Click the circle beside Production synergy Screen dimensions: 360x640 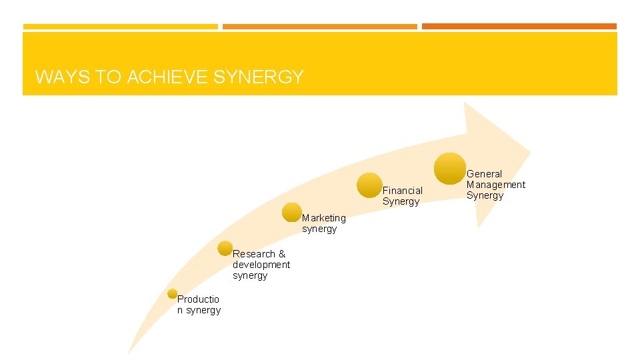(173, 293)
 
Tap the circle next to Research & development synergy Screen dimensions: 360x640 (225, 249)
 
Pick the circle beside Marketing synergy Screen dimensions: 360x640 (291, 212)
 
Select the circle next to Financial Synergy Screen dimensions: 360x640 (369, 185)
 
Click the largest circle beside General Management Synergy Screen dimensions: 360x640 (450, 168)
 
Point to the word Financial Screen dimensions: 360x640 (402, 191)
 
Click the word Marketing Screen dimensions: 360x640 (324, 218)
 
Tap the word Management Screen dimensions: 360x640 (495, 185)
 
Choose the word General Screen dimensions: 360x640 (484, 174)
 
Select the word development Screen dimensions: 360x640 (261, 265)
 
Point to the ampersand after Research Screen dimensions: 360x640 (282, 254)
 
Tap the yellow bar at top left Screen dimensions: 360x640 (120, 27)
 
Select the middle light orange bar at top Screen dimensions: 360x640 (319, 27)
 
